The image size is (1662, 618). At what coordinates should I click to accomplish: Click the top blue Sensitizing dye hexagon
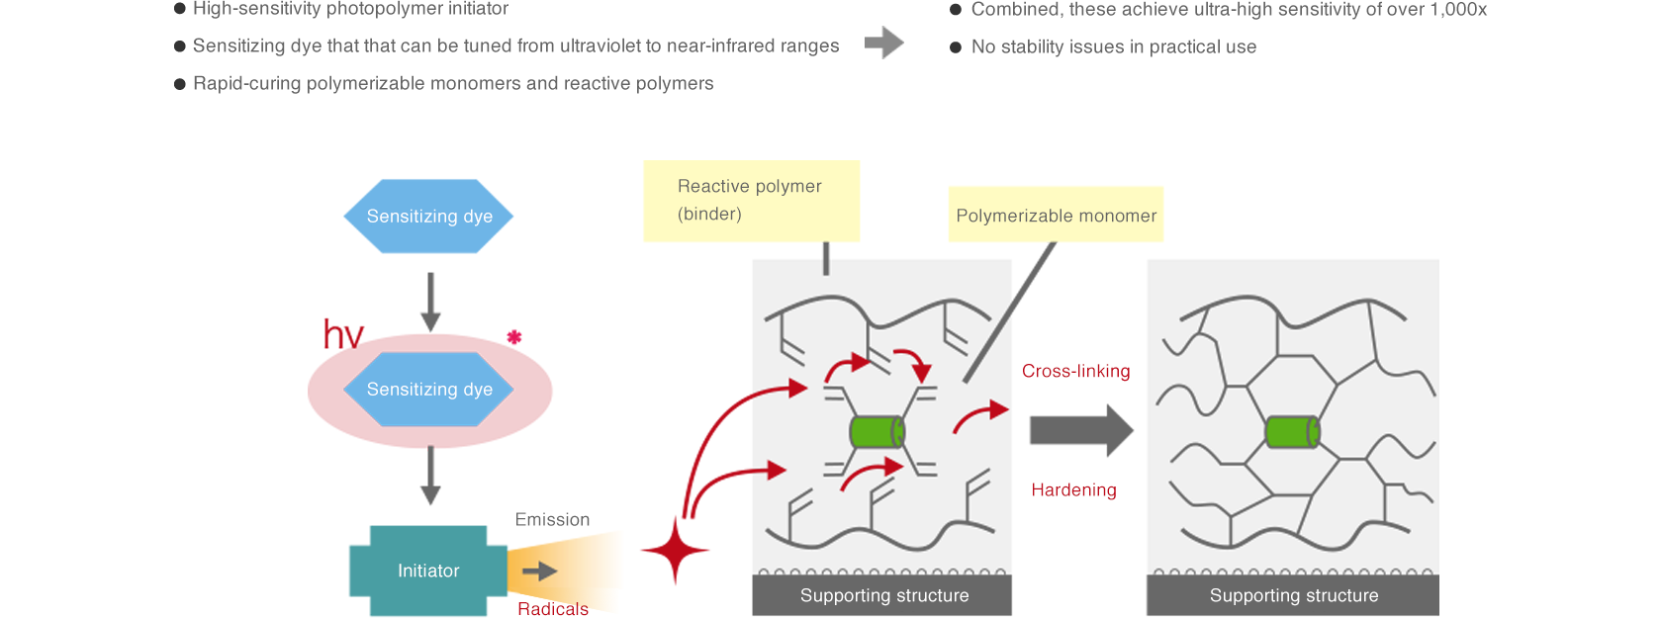428,217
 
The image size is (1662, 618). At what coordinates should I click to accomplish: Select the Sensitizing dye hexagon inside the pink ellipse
428,390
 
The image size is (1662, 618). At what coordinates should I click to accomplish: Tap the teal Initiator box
427,571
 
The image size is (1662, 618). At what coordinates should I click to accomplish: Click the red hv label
343,335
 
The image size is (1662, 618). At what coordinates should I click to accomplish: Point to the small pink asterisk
514,337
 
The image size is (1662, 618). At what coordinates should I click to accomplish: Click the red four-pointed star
675,550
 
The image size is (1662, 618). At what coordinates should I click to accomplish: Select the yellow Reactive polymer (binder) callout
751,201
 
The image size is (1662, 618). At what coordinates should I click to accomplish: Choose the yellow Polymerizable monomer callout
1056,215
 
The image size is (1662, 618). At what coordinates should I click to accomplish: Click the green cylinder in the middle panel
877,432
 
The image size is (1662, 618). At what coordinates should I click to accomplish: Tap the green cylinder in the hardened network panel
1292,432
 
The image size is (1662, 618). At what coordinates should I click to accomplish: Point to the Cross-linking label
1075,371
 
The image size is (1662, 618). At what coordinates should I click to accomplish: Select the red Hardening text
1073,489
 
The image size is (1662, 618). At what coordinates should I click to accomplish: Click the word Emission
552,519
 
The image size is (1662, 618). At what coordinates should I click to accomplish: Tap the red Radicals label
553,608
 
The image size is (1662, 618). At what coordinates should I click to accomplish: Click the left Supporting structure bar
882,595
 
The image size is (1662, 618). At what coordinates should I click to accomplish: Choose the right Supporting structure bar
1293,595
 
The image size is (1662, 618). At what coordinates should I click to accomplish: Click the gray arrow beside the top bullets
883,43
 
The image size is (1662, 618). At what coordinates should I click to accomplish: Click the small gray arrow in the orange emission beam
539,571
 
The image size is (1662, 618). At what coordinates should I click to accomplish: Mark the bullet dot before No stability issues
956,47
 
